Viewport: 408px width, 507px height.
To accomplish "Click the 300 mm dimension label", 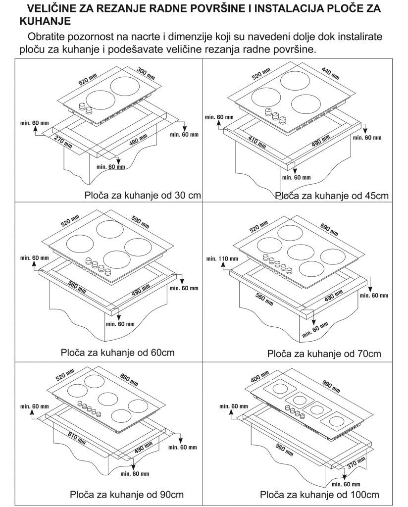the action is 146,73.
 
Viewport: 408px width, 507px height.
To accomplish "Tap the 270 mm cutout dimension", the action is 63,142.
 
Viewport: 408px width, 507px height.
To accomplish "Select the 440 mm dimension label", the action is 330,73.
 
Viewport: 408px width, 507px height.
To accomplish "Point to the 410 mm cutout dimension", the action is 257,142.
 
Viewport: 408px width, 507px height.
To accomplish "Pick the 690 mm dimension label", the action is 329,229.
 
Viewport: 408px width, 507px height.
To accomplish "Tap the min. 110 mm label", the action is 222,258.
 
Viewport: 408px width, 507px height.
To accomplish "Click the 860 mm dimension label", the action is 129,380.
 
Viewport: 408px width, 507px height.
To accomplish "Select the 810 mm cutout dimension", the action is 77,438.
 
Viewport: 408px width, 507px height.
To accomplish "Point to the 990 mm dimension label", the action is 331,386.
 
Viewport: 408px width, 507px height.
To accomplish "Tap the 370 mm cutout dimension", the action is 357,463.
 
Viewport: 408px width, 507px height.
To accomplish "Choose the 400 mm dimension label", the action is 259,377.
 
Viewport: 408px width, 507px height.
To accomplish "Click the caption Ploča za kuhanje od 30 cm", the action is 143,195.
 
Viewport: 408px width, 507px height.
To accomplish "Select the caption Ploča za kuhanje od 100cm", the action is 319,495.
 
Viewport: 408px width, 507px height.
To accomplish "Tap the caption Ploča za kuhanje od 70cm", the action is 324,354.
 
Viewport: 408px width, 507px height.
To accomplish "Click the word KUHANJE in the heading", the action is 45,21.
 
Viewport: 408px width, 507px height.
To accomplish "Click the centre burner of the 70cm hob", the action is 301,252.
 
